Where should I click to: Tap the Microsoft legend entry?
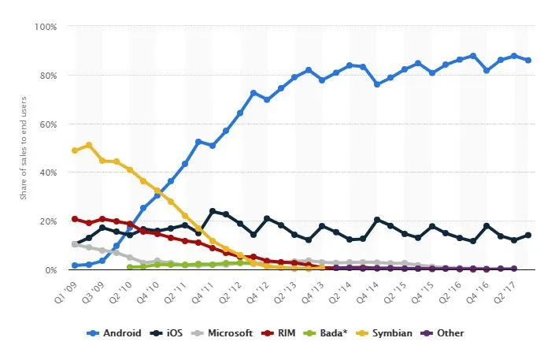click(224, 333)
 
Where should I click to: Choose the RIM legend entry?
click(283, 333)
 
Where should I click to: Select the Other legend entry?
click(445, 333)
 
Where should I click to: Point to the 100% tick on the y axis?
click(46, 27)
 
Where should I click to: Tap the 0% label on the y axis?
click(50, 270)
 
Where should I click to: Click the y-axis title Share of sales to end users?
click(24, 148)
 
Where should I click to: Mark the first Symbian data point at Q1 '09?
click(75, 150)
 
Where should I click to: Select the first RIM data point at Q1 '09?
click(75, 219)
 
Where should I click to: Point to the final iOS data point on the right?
click(527, 235)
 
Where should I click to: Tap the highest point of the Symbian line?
click(89, 145)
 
